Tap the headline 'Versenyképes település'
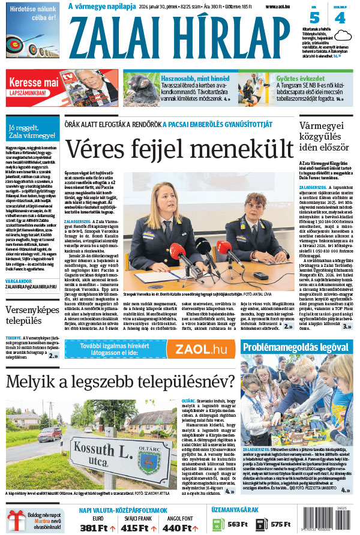(31, 315)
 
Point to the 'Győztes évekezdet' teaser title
(305, 78)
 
